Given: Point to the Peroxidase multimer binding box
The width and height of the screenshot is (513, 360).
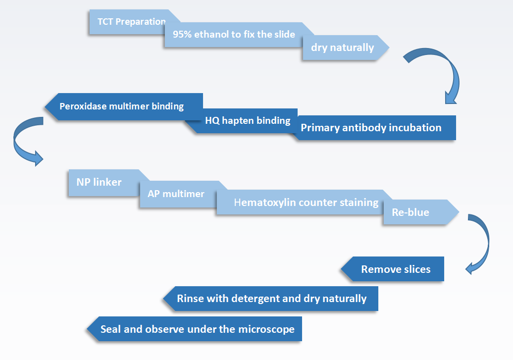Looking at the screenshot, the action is [124, 106].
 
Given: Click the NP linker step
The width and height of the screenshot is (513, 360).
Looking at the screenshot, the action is [104, 183].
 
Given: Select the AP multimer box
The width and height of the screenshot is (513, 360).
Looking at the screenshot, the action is [178, 194].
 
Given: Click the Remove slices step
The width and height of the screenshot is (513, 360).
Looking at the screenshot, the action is [393, 269].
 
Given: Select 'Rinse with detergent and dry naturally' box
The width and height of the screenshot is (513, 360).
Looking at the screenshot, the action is [271, 299].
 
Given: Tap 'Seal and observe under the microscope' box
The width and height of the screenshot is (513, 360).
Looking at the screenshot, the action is [195, 329].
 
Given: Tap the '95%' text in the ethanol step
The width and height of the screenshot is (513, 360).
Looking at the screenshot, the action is [182, 34].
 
